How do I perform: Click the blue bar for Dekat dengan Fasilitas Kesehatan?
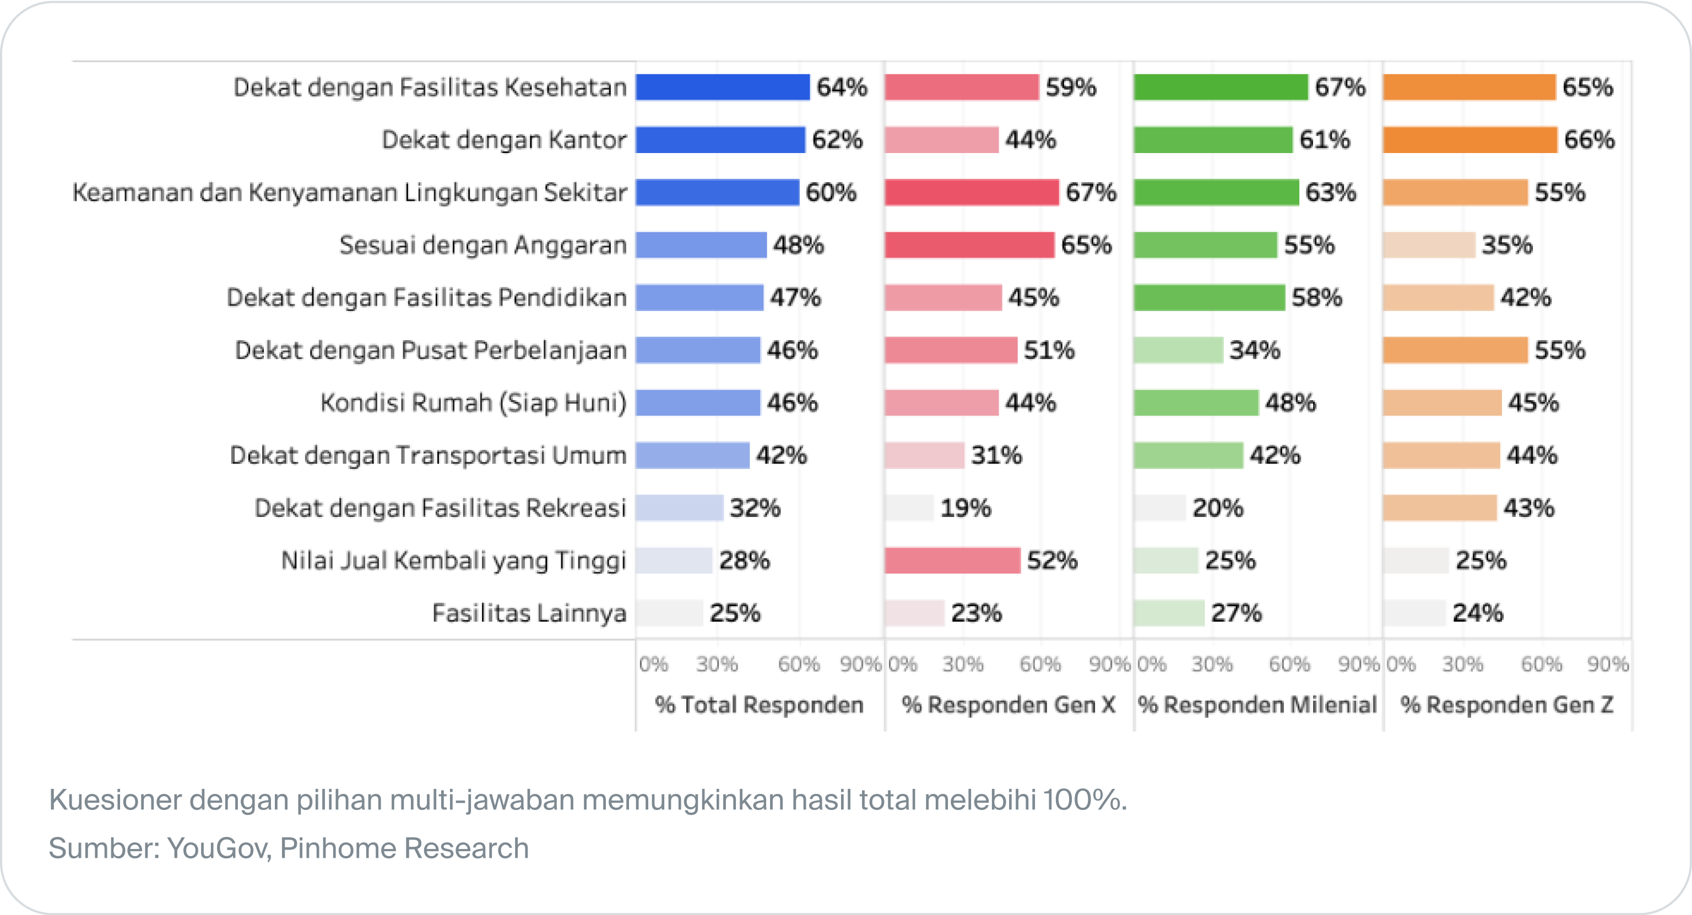coord(723,88)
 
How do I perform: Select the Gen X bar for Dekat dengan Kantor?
coord(941,140)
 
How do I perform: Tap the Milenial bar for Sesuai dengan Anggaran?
coord(1205,245)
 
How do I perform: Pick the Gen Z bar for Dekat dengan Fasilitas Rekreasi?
coord(1440,508)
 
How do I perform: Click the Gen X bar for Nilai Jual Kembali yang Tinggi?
coord(952,560)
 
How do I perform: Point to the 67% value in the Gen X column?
coord(1091,192)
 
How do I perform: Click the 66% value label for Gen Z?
coord(1589,140)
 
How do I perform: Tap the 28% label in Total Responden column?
coord(744,560)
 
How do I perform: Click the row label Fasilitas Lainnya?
coord(529,613)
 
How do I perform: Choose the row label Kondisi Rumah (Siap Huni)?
coord(474,403)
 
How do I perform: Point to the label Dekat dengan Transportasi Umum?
coord(429,455)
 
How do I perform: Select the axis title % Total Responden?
coord(758,705)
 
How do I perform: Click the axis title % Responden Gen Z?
coord(1507,705)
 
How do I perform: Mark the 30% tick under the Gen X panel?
coord(963,665)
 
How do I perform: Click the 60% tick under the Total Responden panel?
coord(799,665)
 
